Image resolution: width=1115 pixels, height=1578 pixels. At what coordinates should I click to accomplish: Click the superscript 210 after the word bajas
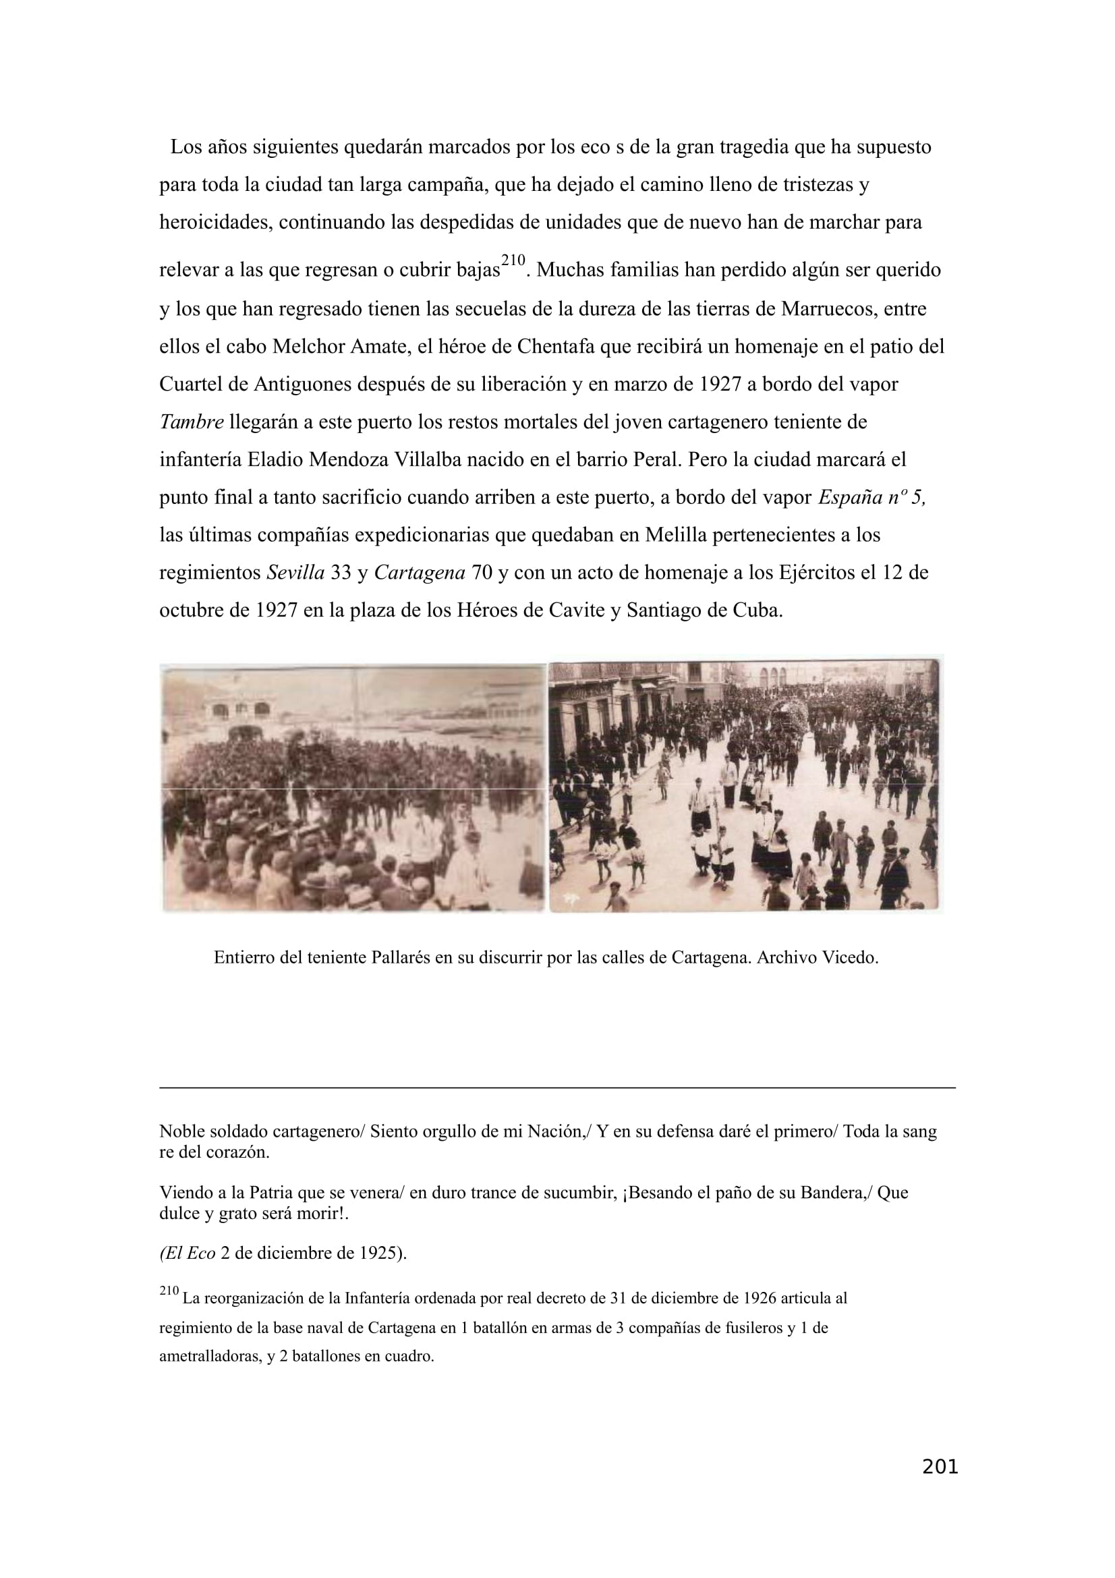tap(513, 260)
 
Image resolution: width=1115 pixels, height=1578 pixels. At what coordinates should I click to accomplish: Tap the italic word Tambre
tap(192, 422)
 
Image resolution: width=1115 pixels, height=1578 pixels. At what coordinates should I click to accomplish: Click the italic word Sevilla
tap(295, 573)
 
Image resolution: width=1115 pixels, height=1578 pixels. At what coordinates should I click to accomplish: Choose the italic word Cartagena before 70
tap(419, 573)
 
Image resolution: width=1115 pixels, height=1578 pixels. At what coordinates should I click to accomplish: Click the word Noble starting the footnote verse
tap(180, 1132)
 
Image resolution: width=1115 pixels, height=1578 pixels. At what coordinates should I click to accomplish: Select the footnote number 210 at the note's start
tap(169, 1291)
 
